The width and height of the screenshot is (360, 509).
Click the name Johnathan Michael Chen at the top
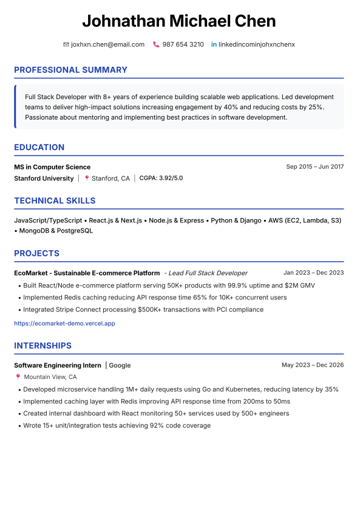pos(179,21)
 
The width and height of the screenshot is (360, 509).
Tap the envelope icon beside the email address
pos(66,44)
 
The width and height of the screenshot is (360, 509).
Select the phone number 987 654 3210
pos(183,44)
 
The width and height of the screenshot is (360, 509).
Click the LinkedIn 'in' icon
pos(214,44)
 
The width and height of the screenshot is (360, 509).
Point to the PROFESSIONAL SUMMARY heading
pos(70,70)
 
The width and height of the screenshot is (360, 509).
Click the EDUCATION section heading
pos(39,147)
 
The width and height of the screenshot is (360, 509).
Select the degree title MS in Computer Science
pos(52,167)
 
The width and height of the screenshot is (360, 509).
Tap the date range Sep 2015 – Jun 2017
pos(314,167)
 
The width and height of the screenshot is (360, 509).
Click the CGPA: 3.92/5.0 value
pos(161,179)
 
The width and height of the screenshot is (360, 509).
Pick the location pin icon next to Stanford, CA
pos(87,179)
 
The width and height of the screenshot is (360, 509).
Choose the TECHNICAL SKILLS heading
pos(55,200)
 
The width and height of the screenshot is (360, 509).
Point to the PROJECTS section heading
pos(36,253)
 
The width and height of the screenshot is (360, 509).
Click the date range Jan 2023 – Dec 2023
pos(313,273)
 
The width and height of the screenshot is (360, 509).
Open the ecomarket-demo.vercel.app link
pos(64,324)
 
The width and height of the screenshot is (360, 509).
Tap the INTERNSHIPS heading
pos(42,346)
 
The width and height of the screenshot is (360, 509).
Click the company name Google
pos(120,366)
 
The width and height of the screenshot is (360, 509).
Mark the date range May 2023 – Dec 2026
pos(313,365)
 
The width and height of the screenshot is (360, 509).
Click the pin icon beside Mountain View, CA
pos(18,377)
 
